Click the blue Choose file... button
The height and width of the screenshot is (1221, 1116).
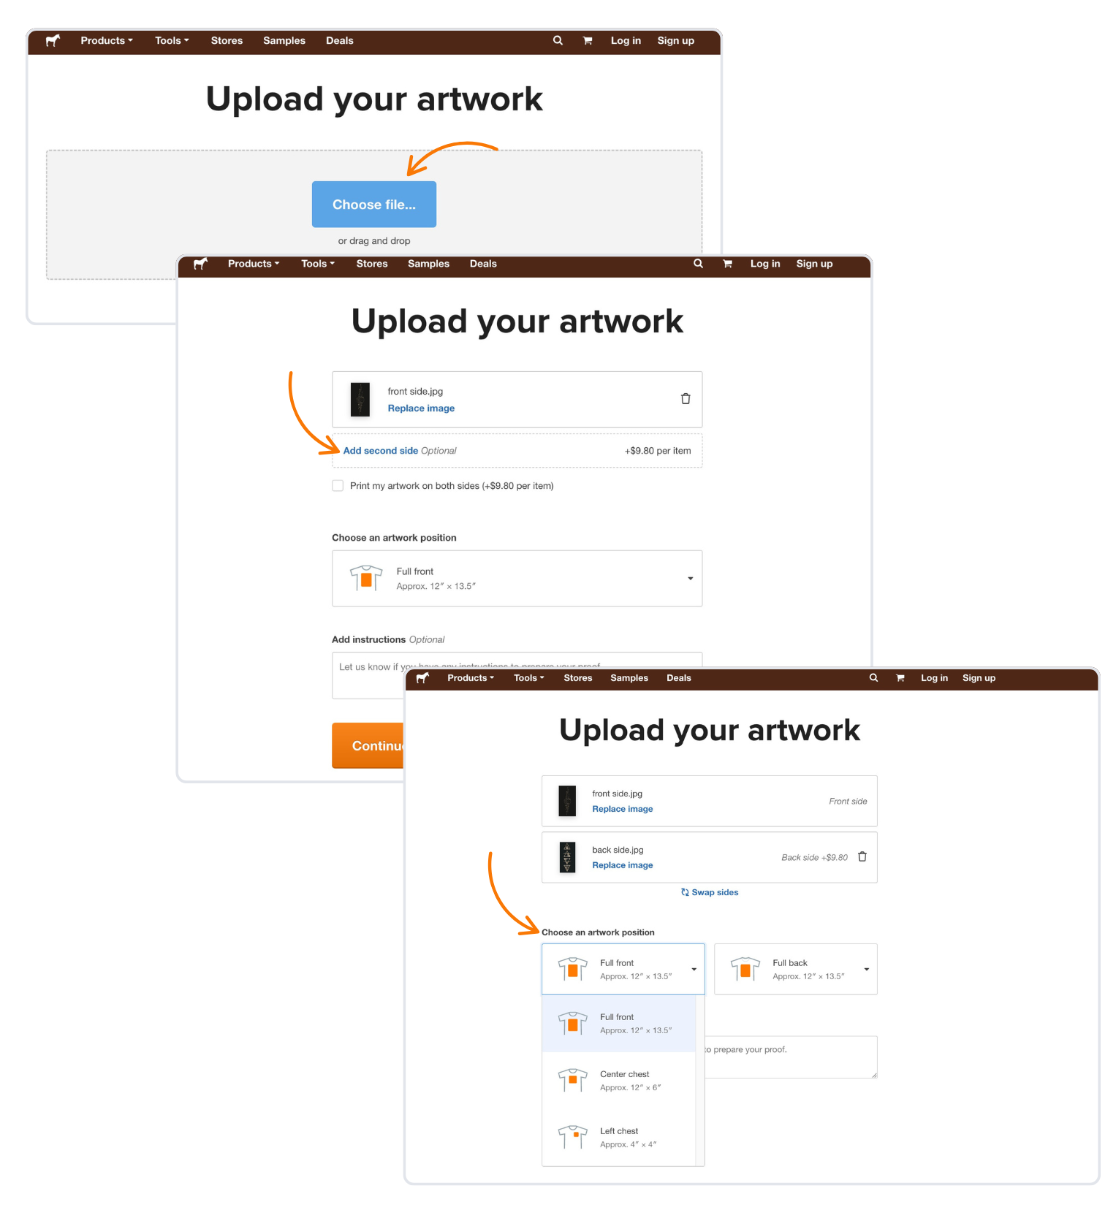[373, 205]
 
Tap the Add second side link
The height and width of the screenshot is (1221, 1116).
[380, 451]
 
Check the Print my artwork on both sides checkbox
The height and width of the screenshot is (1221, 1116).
[338, 486]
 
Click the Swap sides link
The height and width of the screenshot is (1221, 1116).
[710, 892]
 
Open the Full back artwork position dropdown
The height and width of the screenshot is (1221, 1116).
[795, 969]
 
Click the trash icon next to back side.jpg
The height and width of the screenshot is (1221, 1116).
[862, 857]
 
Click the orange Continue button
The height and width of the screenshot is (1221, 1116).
[369, 745]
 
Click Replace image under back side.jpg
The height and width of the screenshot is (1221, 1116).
[622, 865]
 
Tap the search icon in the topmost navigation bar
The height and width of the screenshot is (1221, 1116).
[558, 41]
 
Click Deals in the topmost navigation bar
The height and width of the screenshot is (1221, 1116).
[339, 41]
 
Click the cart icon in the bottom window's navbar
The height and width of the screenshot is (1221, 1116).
[900, 678]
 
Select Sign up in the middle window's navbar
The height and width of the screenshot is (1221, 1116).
[814, 264]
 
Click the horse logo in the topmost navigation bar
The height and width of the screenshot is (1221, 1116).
[53, 41]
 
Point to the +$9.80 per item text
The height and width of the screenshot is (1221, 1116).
[657, 451]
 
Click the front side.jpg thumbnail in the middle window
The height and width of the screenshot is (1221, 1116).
[360, 400]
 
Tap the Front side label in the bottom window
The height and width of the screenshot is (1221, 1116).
[848, 802]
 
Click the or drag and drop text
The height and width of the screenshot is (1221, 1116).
[373, 241]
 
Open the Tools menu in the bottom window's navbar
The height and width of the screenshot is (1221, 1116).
[528, 678]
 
